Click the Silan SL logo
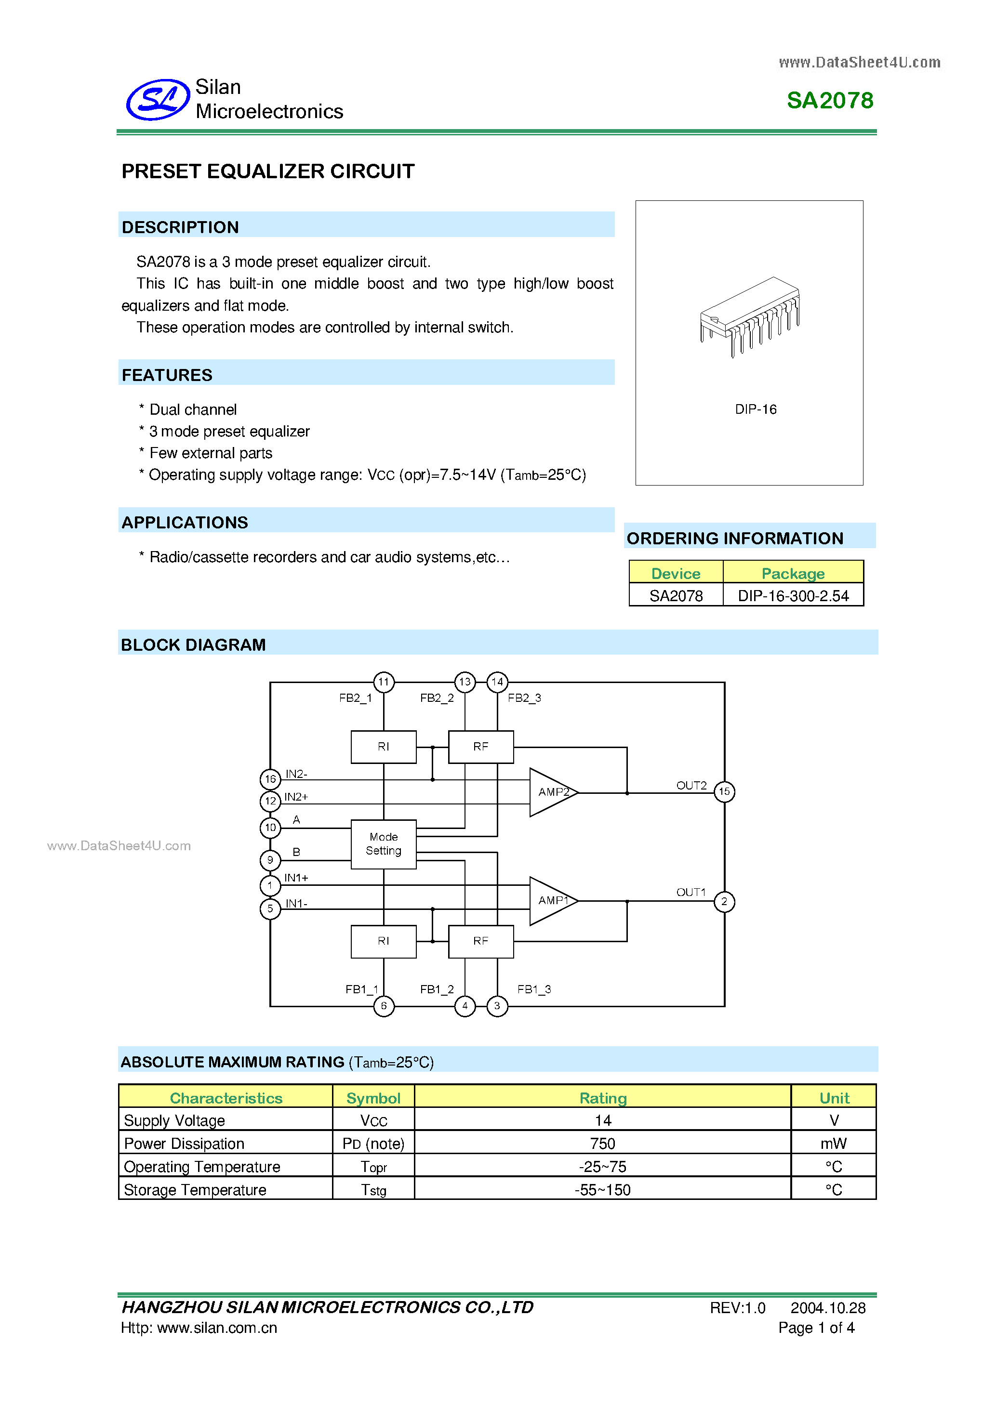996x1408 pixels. click(x=158, y=99)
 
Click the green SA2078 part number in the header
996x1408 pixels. click(x=830, y=101)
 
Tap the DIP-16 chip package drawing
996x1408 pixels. click(x=749, y=316)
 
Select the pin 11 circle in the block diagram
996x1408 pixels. click(x=384, y=682)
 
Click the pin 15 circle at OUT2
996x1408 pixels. click(x=724, y=792)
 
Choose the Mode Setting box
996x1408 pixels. click(x=383, y=844)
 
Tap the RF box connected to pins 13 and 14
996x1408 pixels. click(x=481, y=747)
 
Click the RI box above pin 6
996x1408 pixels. click(x=383, y=941)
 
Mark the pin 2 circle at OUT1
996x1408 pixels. click(x=724, y=901)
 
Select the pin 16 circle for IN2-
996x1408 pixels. click(x=270, y=779)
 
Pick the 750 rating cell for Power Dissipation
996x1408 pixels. click(x=602, y=1144)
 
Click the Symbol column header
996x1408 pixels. click(x=373, y=1098)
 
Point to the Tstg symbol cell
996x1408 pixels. click(x=373, y=1190)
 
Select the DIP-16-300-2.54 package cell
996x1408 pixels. click(x=793, y=595)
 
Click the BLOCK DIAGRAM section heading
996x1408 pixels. click(x=193, y=645)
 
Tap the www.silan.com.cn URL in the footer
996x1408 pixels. click(x=217, y=1328)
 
